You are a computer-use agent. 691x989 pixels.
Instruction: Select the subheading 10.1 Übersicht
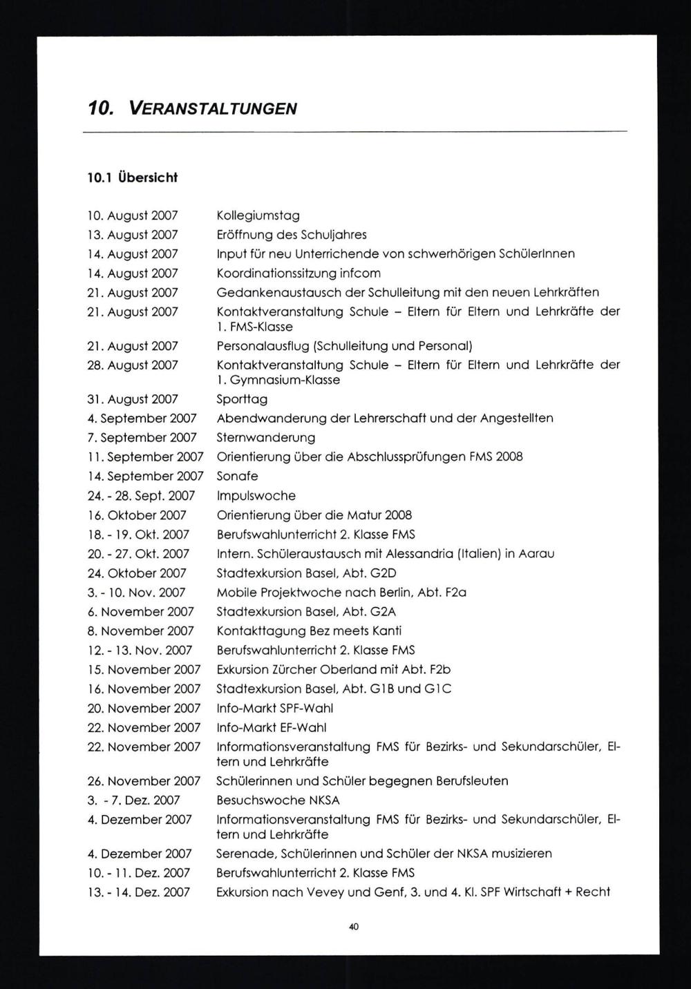pos(132,177)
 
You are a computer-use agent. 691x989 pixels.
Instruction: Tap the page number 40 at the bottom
pos(353,927)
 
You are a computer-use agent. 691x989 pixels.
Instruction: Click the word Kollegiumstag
pos(258,215)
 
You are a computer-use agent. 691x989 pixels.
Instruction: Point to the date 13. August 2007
pos(132,235)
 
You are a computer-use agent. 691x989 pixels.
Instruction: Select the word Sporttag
pos(242,399)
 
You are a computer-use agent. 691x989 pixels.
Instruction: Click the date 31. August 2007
pos(132,399)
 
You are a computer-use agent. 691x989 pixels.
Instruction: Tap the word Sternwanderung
pos(266,437)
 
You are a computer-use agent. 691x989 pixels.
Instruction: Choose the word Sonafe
pos(237,476)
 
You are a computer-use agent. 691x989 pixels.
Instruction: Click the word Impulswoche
pos(256,495)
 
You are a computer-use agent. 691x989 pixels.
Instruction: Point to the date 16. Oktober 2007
pos(137,515)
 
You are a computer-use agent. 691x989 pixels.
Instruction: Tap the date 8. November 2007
pos(140,631)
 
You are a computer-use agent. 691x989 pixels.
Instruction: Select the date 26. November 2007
pos(144,780)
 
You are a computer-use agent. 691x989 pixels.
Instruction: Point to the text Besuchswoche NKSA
pos(278,800)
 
